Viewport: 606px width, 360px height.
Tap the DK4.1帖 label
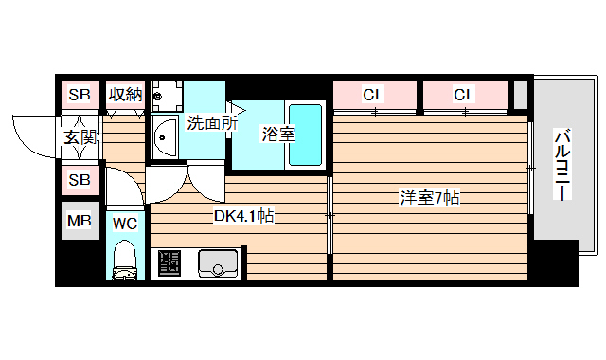(243, 216)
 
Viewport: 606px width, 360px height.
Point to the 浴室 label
(278, 134)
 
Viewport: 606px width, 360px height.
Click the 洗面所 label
(211, 122)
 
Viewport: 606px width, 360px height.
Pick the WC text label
(125, 225)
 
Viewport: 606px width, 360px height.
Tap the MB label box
(80, 223)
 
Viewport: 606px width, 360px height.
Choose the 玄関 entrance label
(80, 137)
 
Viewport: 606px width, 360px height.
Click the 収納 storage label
(124, 94)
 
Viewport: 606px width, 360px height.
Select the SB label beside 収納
(80, 94)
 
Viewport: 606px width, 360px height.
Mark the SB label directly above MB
(80, 179)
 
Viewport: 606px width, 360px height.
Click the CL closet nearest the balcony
(463, 94)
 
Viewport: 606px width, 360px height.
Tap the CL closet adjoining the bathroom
(373, 94)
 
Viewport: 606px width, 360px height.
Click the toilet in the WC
(124, 261)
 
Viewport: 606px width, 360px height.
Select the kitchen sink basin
(218, 261)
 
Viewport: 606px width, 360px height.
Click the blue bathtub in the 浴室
(306, 135)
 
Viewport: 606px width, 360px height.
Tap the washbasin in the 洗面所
(165, 138)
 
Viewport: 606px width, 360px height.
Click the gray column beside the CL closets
(520, 95)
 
